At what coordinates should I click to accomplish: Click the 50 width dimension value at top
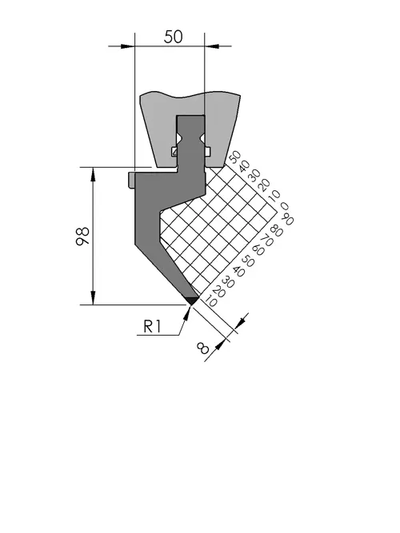(173, 37)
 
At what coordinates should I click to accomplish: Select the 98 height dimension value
(82, 237)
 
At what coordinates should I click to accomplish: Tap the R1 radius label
(152, 327)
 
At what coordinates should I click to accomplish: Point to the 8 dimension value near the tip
(203, 348)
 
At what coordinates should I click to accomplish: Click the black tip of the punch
(192, 300)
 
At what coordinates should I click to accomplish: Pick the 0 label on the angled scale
(284, 206)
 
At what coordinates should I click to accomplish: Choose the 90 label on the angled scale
(288, 218)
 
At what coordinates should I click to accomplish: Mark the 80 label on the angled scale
(277, 231)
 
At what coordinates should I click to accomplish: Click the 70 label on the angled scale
(267, 241)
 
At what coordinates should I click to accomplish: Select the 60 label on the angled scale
(258, 250)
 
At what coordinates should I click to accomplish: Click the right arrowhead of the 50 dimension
(212, 46)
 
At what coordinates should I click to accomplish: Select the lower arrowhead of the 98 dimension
(93, 297)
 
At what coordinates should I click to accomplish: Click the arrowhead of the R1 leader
(186, 312)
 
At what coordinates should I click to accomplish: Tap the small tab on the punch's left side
(132, 180)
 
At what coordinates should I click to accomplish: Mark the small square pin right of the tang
(207, 151)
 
